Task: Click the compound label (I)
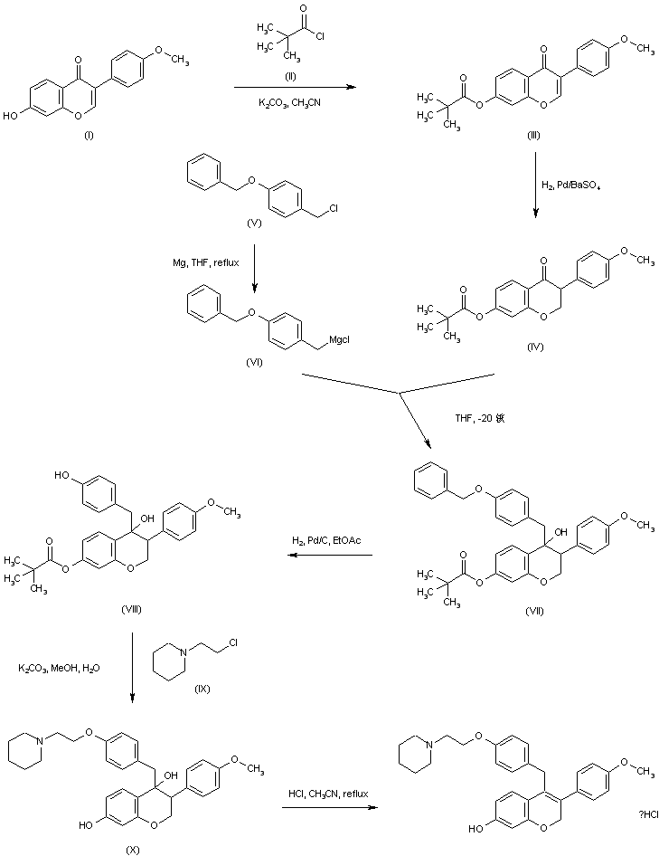(x=89, y=135)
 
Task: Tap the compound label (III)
(x=536, y=134)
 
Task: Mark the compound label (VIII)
(x=133, y=610)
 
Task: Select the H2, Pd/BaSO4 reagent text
(x=573, y=185)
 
